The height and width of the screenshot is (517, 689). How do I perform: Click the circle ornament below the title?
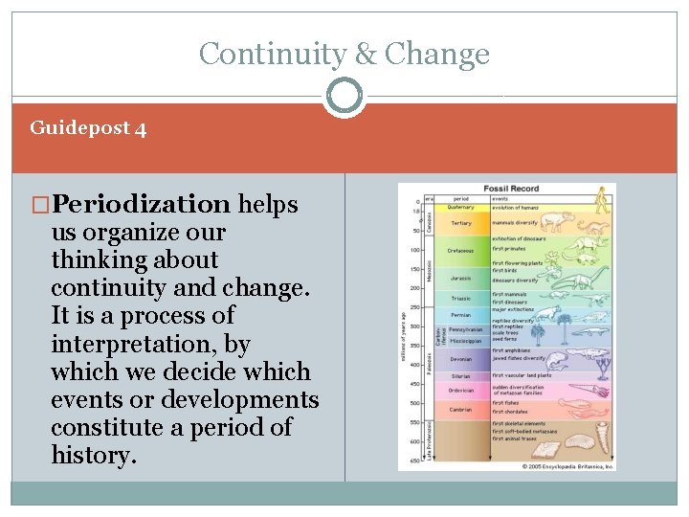(344, 97)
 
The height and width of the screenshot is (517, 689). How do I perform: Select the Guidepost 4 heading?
(88, 127)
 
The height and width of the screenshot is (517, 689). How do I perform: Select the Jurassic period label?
(461, 278)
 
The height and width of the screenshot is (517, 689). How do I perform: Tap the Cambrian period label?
(461, 409)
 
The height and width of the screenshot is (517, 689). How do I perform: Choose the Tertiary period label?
(461, 223)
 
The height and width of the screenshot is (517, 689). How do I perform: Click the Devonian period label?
(461, 359)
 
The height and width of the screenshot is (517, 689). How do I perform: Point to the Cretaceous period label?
(461, 251)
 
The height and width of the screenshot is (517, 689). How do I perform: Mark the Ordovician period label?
(461, 390)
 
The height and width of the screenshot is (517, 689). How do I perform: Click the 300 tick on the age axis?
(415, 326)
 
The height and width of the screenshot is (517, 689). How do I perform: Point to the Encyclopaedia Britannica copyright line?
(567, 466)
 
